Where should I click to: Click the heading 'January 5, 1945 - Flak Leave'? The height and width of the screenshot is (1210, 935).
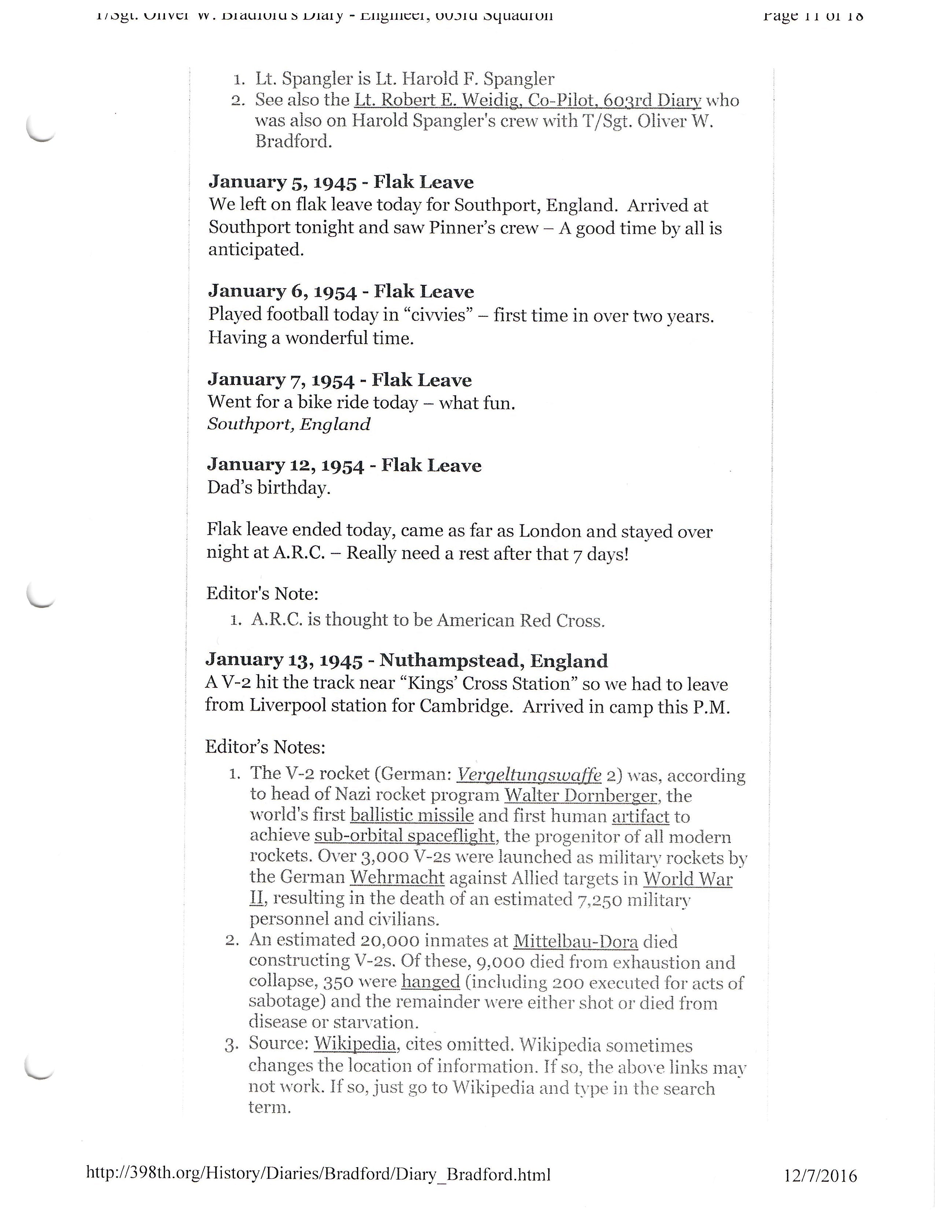[341, 182]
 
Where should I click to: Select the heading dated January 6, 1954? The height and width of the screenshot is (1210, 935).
[341, 291]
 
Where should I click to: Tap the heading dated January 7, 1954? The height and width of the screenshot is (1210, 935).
[340, 380]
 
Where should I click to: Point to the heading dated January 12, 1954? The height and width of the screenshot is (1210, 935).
[344, 465]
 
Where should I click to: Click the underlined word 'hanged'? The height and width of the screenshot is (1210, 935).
[430, 982]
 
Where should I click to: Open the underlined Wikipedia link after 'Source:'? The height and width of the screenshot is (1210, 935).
[355, 1044]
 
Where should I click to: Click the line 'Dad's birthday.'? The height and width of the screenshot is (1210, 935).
[269, 488]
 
